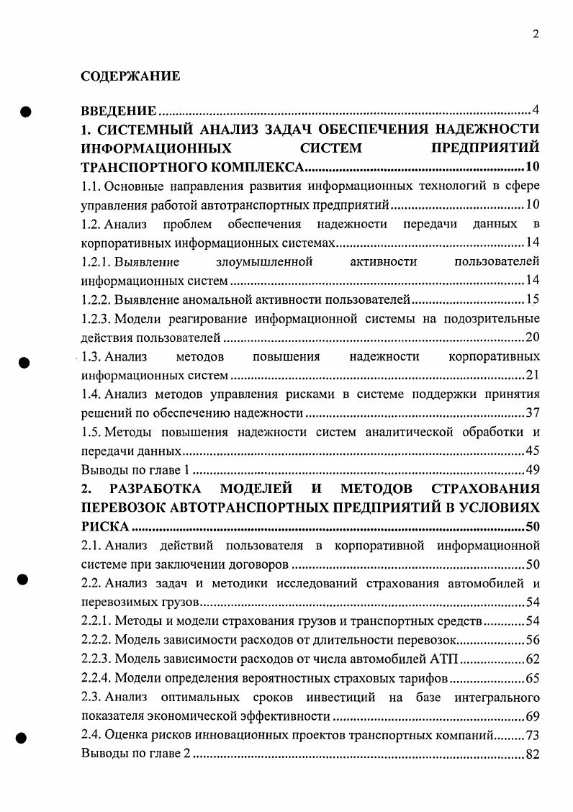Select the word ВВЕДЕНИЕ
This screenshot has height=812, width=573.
pyautogui.click(x=119, y=111)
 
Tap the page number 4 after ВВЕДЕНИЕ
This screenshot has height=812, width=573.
pyautogui.click(x=535, y=110)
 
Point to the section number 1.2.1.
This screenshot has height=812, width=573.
pyautogui.click(x=100, y=261)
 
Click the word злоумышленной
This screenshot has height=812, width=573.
pyautogui.click(x=263, y=261)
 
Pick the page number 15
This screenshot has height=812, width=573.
pyautogui.click(x=533, y=299)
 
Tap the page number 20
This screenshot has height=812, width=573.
pyautogui.click(x=533, y=337)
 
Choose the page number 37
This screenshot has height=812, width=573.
pyautogui.click(x=533, y=413)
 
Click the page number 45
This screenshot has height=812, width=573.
pyautogui.click(x=533, y=451)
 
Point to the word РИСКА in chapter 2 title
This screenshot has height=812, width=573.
pyautogui.click(x=105, y=526)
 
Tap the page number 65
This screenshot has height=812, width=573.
pyautogui.click(x=533, y=678)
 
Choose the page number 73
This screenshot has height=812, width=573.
pyautogui.click(x=533, y=735)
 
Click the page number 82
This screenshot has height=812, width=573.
pyautogui.click(x=533, y=754)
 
